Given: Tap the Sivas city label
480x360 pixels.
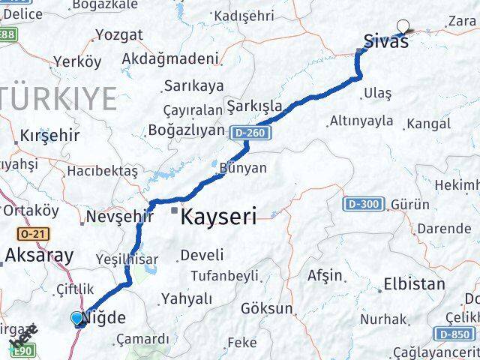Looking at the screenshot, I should (x=386, y=41).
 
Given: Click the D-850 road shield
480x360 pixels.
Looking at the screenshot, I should (x=453, y=334).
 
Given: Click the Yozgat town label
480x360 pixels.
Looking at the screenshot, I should (x=118, y=34).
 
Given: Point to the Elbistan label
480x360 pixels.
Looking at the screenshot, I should (x=413, y=284).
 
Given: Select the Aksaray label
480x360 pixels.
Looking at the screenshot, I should (x=39, y=255).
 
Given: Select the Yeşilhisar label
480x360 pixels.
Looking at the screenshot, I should (x=127, y=259).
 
